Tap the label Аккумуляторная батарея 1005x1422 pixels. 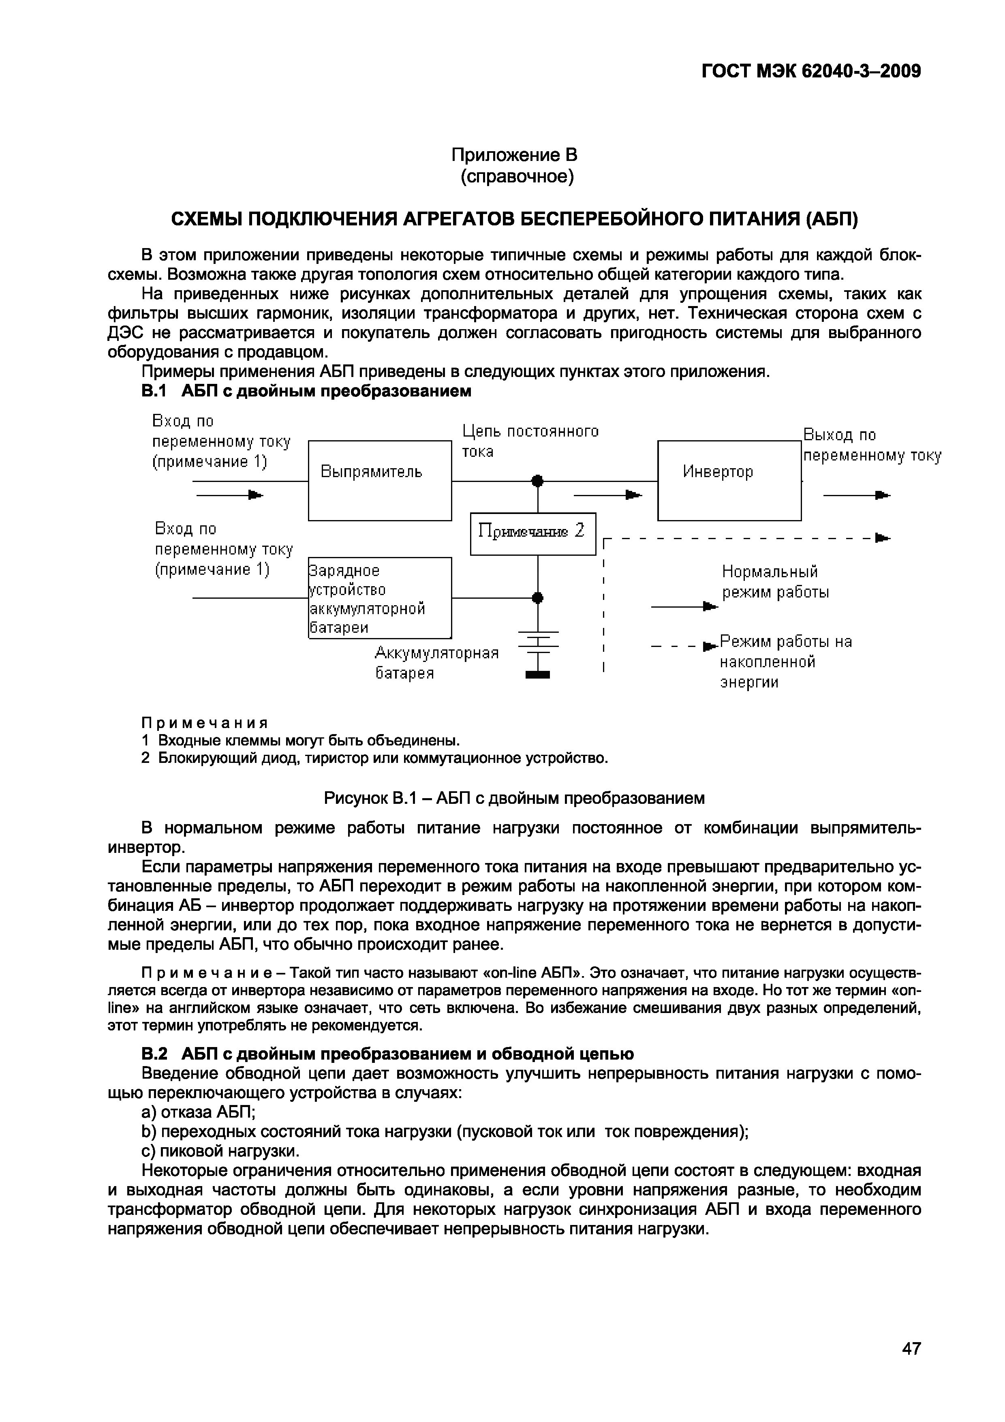pos(436,663)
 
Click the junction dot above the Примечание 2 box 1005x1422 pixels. pos(537,481)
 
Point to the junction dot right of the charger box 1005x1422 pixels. pos(537,597)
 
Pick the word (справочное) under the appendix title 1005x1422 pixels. pos(517,177)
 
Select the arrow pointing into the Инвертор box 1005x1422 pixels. pos(608,495)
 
